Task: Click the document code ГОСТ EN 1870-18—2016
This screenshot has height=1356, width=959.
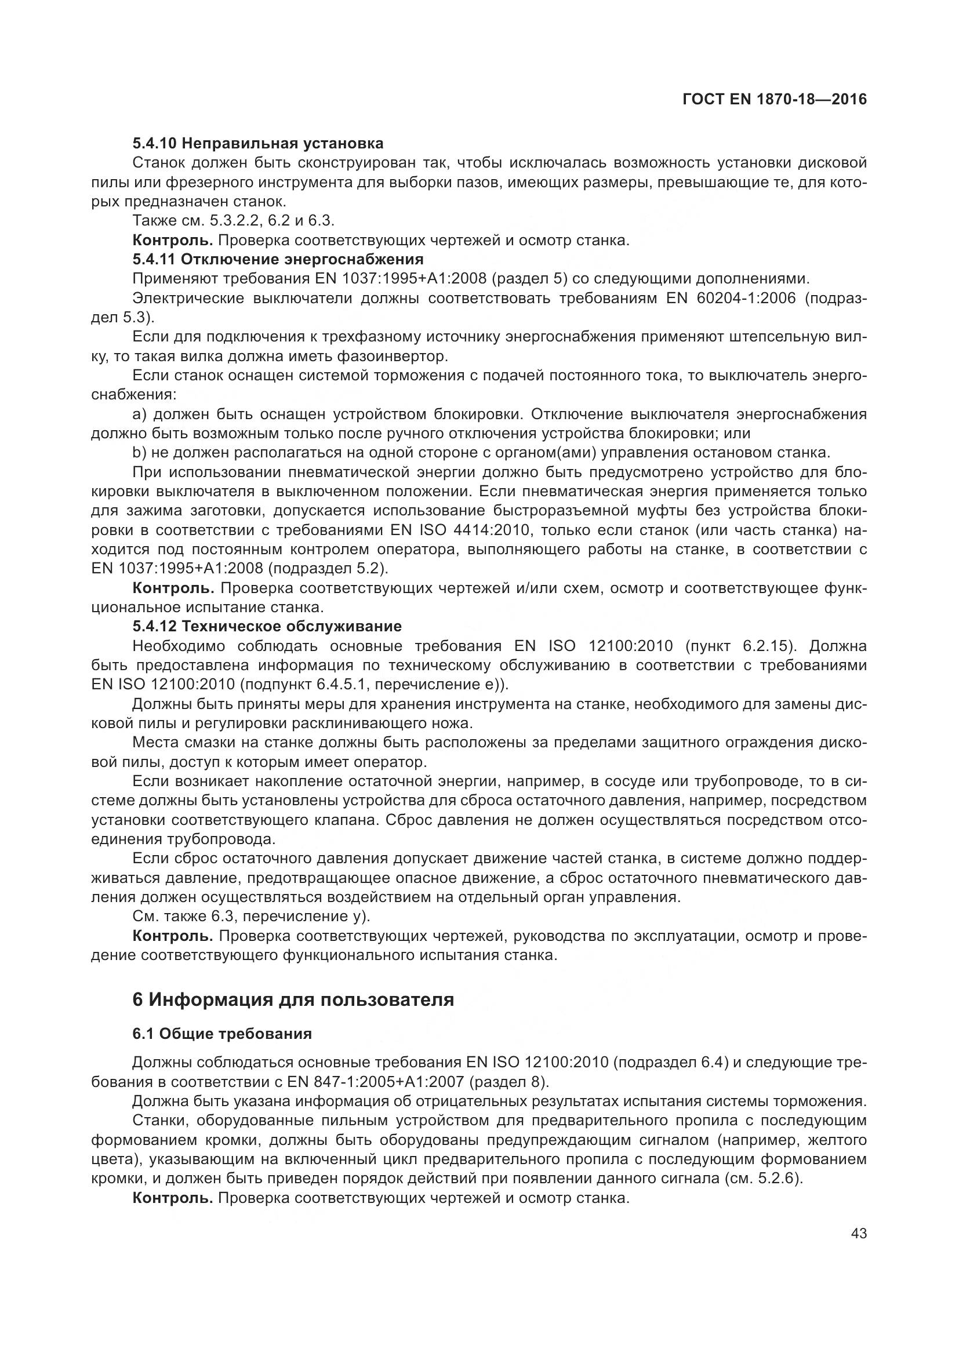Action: click(774, 99)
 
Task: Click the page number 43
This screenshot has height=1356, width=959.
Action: click(859, 1233)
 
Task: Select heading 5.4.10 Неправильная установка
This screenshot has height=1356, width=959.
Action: click(258, 144)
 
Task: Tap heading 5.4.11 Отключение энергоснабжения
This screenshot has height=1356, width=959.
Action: click(278, 259)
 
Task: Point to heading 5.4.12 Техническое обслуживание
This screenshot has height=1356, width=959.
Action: click(267, 626)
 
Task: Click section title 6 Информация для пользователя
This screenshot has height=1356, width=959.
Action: click(293, 999)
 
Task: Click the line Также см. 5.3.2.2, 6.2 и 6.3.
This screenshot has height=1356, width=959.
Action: click(234, 221)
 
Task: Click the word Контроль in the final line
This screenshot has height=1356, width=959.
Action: click(172, 1198)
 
